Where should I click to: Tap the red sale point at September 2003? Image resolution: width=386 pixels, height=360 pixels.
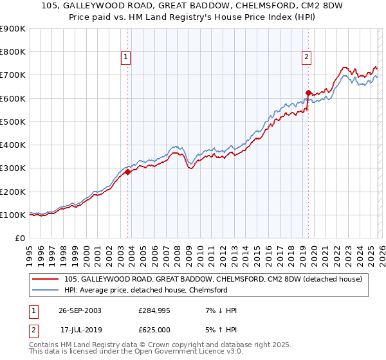(x=128, y=172)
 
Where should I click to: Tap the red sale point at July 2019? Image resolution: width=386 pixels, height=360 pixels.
(x=308, y=93)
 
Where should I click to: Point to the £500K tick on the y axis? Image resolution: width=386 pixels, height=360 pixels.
(x=13, y=122)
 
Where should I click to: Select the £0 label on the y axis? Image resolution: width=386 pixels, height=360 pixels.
(x=19, y=238)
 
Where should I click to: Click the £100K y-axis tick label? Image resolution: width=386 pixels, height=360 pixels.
(x=13, y=215)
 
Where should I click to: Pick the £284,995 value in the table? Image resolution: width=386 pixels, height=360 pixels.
(x=154, y=310)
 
